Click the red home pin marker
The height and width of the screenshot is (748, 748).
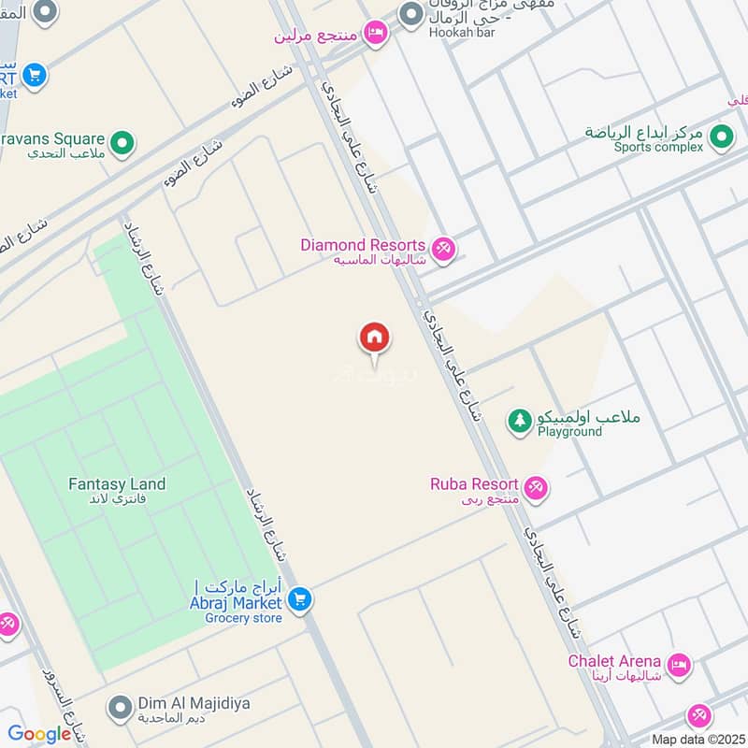coord(375,338)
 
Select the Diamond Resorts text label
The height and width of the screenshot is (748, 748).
coord(363,245)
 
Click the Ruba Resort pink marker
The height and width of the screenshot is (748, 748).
coord(536,487)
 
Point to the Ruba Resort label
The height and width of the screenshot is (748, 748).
coord(474,484)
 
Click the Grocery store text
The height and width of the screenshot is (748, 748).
coord(243,618)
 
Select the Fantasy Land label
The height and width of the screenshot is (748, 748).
coord(117,484)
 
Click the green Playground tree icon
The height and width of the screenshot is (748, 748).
coord(519,422)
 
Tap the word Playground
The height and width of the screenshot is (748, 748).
coord(569,433)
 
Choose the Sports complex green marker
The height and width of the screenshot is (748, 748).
coord(720,138)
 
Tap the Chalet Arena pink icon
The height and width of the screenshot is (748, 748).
coord(680,665)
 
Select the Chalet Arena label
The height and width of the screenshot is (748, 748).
coord(614,661)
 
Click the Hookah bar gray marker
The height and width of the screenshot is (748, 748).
coord(410,15)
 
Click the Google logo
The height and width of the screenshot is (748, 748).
coord(39,734)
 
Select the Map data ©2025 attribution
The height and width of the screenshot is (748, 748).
coord(696,739)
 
